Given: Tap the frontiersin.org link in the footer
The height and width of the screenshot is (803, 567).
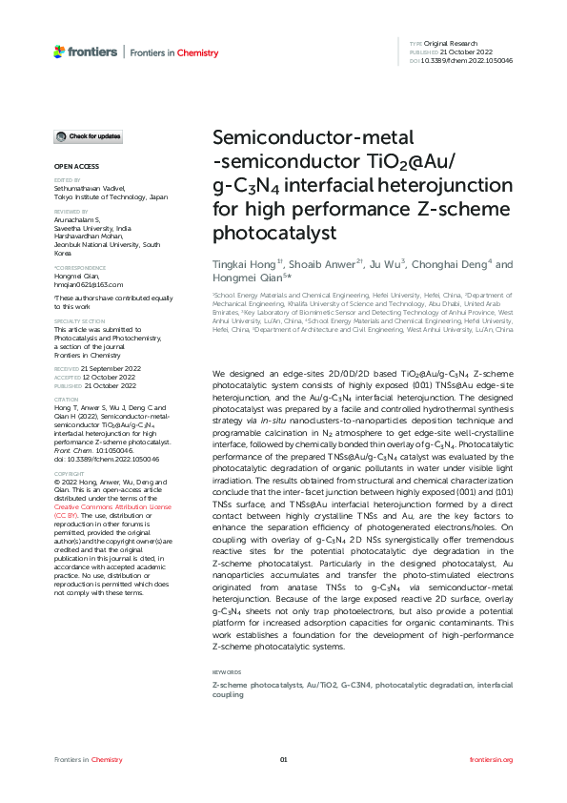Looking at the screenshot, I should pyautogui.click(x=492, y=759).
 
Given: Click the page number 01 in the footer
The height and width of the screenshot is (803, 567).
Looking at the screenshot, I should pyautogui.click(x=283, y=759).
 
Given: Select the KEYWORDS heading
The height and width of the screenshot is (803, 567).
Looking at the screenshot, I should pyautogui.click(x=226, y=672).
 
